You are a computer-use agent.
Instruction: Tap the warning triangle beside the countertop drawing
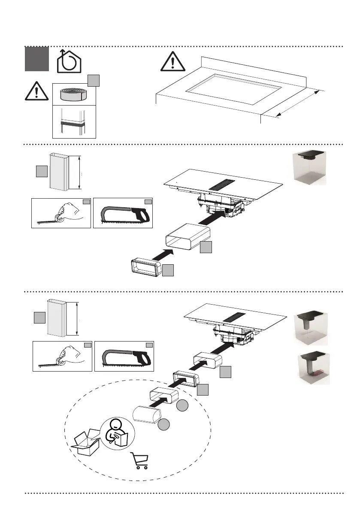(172, 62)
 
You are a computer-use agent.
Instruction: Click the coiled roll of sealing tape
(73, 93)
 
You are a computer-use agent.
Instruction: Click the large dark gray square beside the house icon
(36, 59)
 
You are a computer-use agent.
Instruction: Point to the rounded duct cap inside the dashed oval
(147, 415)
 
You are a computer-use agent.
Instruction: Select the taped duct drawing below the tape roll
(73, 122)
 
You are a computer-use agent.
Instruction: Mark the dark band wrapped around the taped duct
(73, 123)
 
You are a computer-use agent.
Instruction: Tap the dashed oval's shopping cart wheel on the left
(138, 467)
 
